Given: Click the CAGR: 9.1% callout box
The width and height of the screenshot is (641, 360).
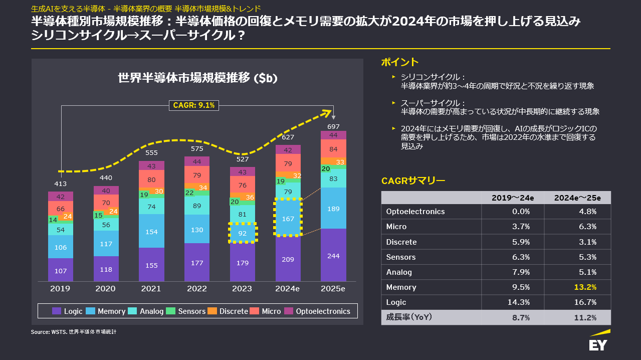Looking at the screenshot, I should [194, 105].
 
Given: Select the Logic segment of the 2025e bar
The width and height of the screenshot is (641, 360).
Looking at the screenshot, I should [333, 255].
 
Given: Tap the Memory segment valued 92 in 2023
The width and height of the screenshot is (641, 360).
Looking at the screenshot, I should [243, 233].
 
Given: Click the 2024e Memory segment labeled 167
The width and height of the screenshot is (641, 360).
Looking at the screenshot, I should [288, 219].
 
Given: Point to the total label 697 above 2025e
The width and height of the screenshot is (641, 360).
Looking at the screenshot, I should [333, 126].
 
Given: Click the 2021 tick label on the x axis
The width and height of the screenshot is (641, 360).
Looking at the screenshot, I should [151, 289].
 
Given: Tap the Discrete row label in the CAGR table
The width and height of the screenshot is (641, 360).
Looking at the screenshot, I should [401, 242].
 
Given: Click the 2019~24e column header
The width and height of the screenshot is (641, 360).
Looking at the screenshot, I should [513, 198].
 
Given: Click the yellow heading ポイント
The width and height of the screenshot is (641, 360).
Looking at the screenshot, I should [399, 62].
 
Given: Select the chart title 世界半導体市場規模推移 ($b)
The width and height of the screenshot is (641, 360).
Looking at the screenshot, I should [197, 78].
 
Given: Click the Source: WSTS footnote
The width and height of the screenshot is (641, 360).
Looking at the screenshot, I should [74, 332].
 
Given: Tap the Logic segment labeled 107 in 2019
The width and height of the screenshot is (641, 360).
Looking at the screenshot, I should [61, 270].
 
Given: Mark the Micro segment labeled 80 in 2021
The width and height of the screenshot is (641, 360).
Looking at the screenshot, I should [151, 179].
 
